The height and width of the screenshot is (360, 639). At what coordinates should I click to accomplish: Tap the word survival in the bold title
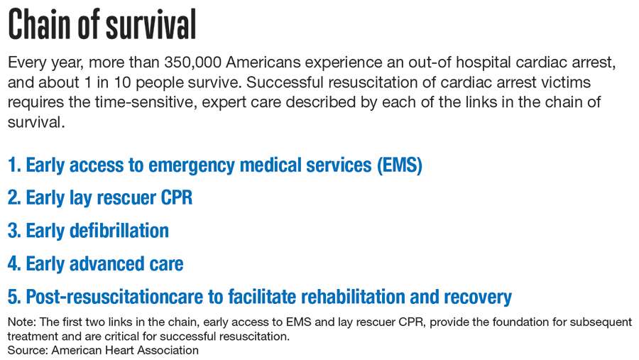(151, 24)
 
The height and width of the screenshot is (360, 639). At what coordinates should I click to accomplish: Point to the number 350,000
(192, 62)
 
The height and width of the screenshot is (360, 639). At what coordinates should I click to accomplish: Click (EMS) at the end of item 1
(400, 165)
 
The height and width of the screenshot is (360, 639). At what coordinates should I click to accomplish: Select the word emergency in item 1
(191, 166)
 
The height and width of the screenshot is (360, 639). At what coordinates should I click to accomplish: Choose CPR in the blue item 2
(177, 197)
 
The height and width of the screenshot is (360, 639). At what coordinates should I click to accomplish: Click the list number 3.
(14, 231)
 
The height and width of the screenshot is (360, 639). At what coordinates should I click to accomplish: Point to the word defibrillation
(119, 231)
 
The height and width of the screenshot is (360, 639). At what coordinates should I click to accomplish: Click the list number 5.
(14, 297)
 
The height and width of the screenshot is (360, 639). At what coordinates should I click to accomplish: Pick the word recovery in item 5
(478, 298)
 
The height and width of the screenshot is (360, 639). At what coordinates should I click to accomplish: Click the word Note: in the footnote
(22, 322)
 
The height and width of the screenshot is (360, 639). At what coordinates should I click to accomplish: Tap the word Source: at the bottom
(28, 350)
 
